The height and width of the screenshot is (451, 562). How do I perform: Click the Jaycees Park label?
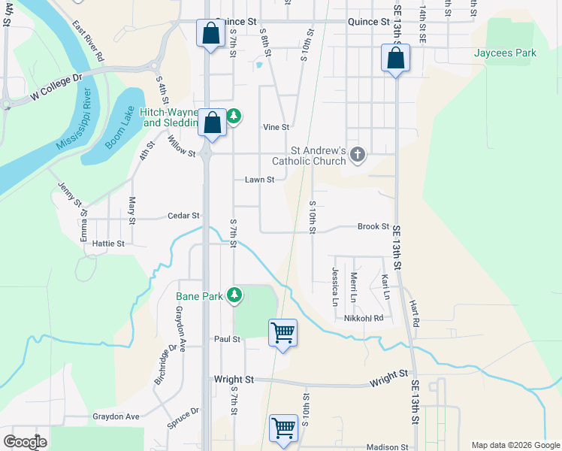505,53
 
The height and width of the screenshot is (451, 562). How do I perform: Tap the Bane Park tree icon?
235,295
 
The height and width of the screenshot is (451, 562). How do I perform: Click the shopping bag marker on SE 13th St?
394,57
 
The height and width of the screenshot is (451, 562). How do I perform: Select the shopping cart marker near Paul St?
283,332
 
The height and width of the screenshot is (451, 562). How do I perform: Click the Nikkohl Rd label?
364,318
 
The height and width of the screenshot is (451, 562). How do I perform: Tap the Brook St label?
373,226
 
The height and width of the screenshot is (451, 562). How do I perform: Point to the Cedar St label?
183,216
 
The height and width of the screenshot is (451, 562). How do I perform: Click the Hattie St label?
107,244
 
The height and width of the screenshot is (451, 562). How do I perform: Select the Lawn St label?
259,180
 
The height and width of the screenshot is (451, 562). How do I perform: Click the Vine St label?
276,128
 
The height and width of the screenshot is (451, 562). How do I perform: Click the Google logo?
25,441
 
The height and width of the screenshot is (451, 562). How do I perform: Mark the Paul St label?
227,339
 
